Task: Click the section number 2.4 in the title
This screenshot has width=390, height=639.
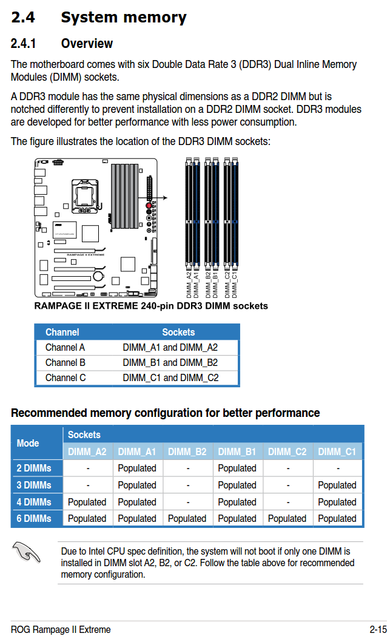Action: point(23,18)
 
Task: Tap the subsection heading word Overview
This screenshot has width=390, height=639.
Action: point(87,44)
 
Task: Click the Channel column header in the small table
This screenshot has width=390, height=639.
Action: point(62,332)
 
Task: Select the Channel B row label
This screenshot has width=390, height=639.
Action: point(65,362)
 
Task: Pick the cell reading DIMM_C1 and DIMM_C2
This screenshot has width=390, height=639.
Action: point(170,377)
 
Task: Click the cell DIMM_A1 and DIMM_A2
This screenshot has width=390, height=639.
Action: point(170,348)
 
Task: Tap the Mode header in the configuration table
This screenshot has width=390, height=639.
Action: point(28,443)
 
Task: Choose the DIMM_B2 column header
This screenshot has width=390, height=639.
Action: point(187,451)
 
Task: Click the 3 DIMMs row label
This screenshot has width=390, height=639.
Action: point(34,485)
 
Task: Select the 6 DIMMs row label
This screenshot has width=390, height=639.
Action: point(34,518)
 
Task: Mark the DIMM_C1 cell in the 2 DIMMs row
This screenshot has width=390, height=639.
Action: point(337,468)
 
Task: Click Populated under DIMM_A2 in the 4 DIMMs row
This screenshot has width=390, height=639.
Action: point(87,502)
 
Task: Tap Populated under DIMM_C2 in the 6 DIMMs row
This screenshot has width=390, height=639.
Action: point(287,518)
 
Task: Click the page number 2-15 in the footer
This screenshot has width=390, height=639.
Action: point(377,629)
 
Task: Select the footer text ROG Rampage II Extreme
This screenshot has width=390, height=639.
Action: point(61,629)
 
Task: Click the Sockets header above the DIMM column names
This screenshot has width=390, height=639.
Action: point(84,434)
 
